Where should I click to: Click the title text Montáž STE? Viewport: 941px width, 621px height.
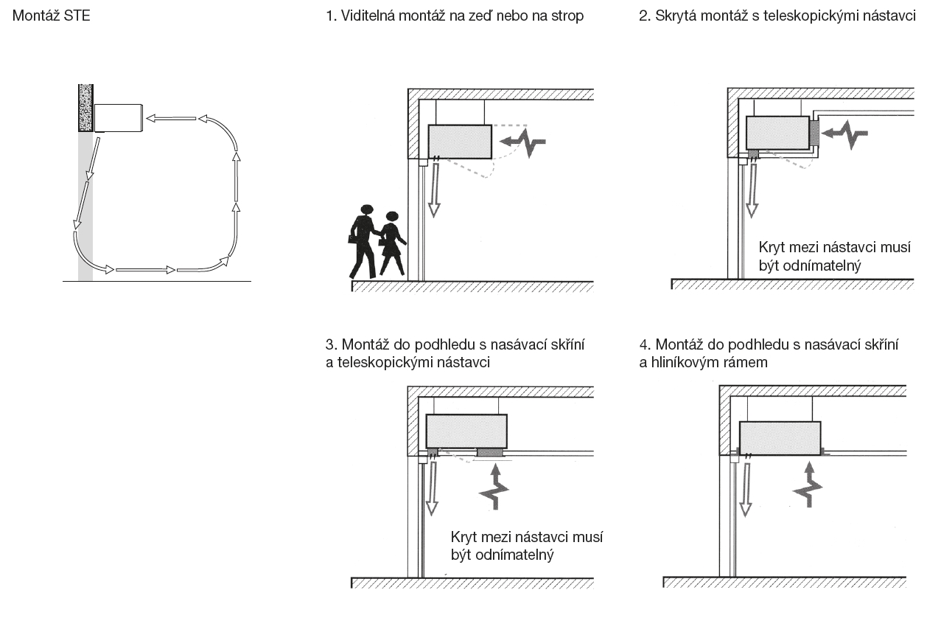51,15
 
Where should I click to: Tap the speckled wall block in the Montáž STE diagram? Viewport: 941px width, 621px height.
86,108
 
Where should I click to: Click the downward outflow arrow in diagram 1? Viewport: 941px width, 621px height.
433,189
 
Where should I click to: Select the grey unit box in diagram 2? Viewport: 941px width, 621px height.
777,133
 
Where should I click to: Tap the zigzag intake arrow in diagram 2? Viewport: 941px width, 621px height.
846,134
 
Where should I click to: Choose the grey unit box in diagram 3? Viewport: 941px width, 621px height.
466,431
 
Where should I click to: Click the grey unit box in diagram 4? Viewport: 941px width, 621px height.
780,438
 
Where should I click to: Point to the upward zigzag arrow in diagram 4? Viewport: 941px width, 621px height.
809,485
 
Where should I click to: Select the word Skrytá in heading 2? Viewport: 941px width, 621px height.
675,15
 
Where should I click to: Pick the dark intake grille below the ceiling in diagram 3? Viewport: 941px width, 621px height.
489,451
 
